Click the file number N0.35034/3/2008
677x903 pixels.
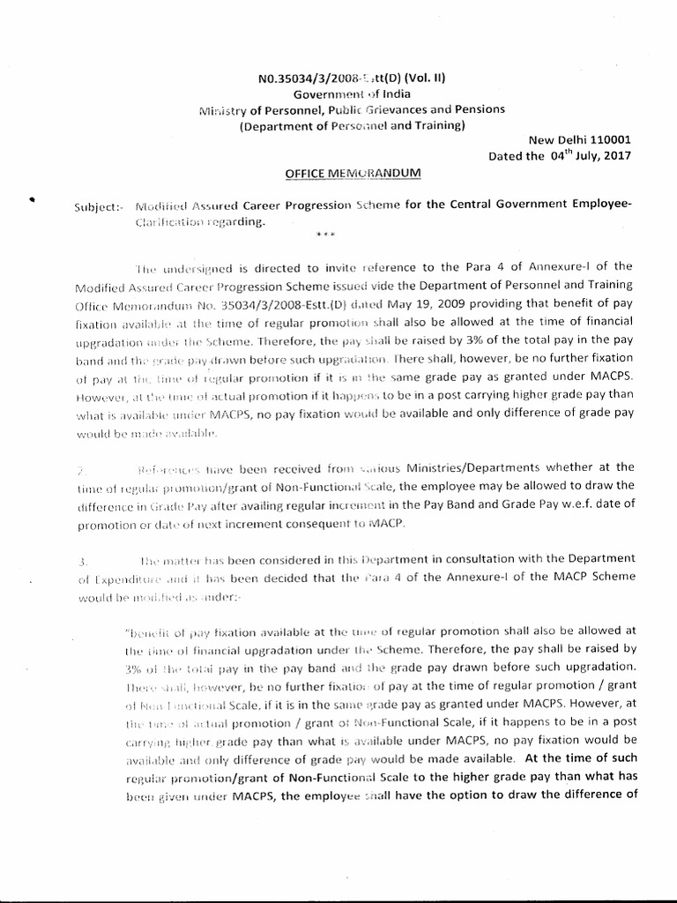pyautogui.click(x=308, y=78)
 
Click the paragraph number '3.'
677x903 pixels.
pyautogui.click(x=82, y=560)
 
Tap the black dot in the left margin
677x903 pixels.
pyautogui.click(x=32, y=200)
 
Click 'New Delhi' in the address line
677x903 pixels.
pyautogui.click(x=554, y=139)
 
